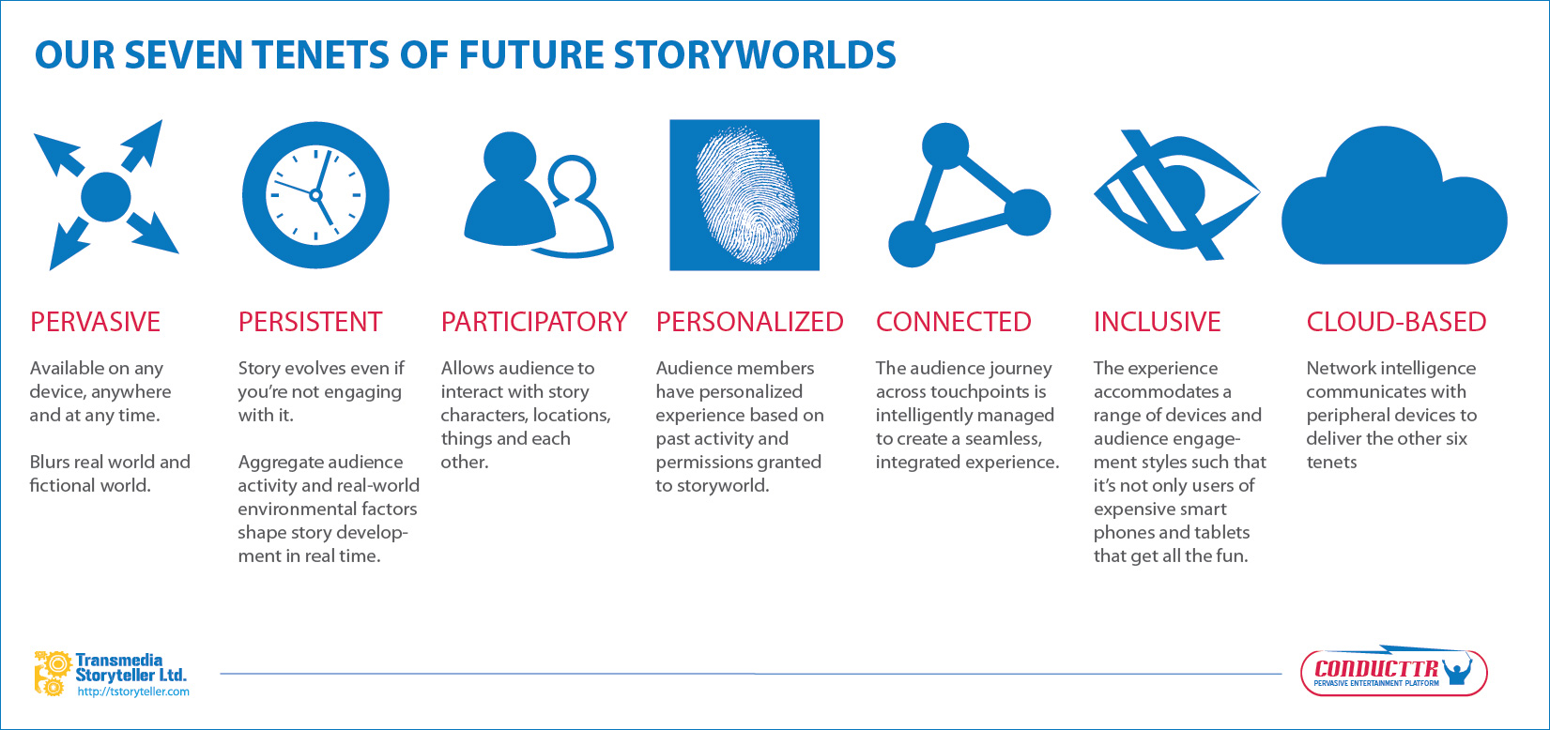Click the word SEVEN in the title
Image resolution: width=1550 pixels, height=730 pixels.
point(181,55)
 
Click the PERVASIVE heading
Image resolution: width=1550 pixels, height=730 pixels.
point(95,322)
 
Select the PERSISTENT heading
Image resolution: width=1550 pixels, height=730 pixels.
point(310,322)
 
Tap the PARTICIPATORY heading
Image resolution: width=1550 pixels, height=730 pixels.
point(533,322)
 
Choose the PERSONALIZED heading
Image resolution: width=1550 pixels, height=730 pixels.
point(749,322)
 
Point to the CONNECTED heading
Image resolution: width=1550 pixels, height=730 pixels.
point(953,322)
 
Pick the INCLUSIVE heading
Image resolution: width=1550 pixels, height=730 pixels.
point(1157,322)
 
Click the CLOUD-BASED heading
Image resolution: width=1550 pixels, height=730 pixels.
point(1396,322)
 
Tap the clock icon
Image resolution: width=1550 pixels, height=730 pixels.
point(315,195)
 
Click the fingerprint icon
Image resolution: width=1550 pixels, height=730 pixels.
point(744,195)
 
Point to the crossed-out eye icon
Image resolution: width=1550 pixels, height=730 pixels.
point(1175,194)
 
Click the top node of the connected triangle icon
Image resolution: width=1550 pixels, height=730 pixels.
point(944,145)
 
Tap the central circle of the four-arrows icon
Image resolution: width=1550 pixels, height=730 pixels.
point(106,196)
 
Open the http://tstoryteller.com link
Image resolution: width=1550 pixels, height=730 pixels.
point(133,692)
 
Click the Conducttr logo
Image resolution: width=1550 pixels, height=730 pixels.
point(1393,672)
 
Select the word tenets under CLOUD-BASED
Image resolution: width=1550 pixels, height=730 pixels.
point(1331,462)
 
